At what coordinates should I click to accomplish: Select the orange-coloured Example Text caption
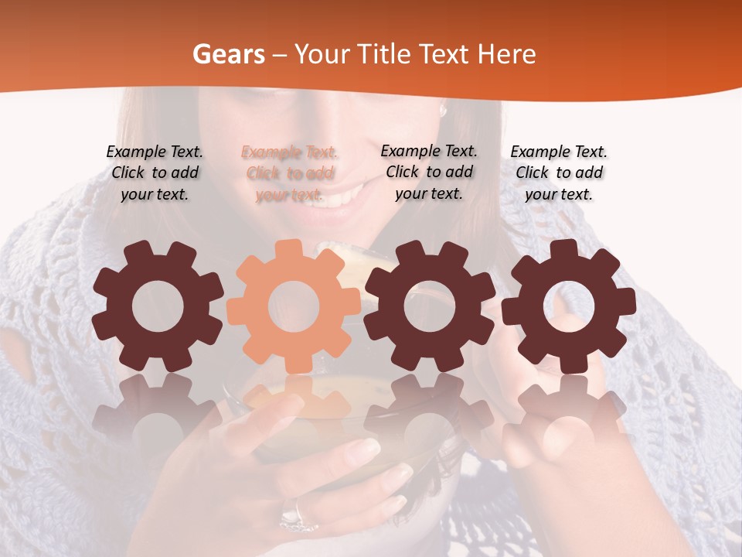(x=289, y=173)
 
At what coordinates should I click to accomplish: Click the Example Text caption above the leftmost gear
(x=155, y=173)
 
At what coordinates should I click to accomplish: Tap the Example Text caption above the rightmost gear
(x=559, y=173)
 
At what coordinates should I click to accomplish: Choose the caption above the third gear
(x=429, y=172)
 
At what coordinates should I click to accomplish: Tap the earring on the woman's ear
(x=444, y=111)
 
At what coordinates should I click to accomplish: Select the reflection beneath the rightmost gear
(x=568, y=410)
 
